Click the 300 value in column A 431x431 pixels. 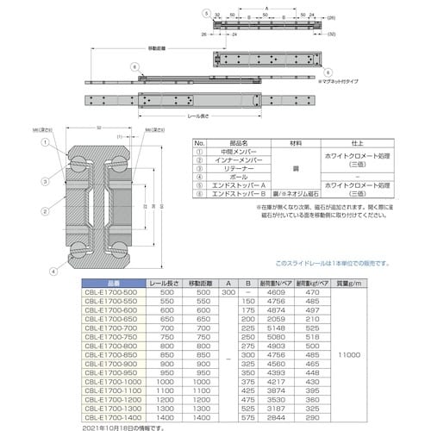[228, 292]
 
